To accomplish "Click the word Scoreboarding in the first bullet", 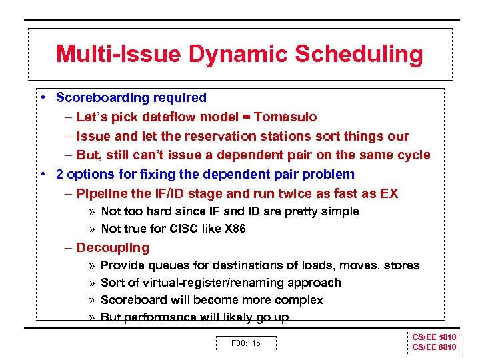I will pyautogui.click(x=98, y=98).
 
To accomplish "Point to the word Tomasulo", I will pyautogui.click(x=285, y=117).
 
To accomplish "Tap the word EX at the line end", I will pyautogui.click(x=389, y=194).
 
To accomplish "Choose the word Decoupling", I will pyautogui.click(x=113, y=248).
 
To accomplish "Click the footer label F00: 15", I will pyautogui.click(x=245, y=343).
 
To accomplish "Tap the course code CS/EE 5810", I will pyautogui.click(x=434, y=337).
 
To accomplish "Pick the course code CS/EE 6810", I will pyautogui.click(x=434, y=347).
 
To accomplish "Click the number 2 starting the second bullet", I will pyautogui.click(x=59, y=175).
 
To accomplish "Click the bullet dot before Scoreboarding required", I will pyautogui.click(x=42, y=98).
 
